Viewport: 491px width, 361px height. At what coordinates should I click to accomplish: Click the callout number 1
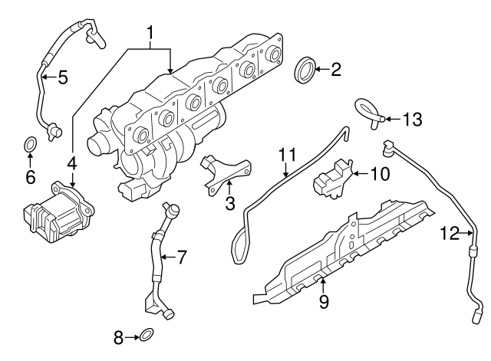click(x=151, y=33)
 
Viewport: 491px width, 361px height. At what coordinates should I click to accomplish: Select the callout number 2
click(x=335, y=71)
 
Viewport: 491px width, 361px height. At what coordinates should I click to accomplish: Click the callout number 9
click(x=324, y=302)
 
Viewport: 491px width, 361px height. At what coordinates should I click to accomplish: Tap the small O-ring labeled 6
click(x=30, y=143)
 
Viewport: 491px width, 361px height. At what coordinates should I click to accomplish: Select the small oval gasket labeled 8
click(x=147, y=334)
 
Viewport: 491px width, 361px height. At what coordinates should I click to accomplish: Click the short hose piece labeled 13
click(x=368, y=111)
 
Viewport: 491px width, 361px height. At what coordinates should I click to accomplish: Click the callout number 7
click(x=181, y=258)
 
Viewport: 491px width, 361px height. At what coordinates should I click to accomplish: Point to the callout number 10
click(x=380, y=173)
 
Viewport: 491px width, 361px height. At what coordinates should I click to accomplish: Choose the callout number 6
click(x=30, y=176)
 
